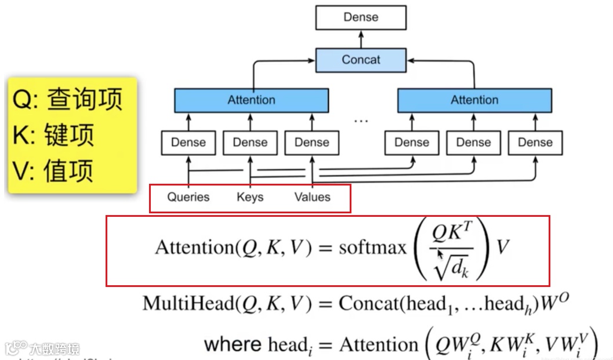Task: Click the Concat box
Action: [x=361, y=60]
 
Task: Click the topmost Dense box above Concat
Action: [x=361, y=17]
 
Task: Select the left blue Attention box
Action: [x=251, y=100]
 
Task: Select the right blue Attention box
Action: [x=474, y=100]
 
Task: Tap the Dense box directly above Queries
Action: [x=188, y=143]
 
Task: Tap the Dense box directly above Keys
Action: [x=250, y=143]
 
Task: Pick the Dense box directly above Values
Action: [x=311, y=143]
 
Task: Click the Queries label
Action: [x=188, y=197]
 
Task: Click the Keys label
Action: [x=250, y=197]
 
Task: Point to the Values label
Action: [x=312, y=197]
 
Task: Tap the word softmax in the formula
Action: [x=372, y=248]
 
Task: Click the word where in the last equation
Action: [x=232, y=344]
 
